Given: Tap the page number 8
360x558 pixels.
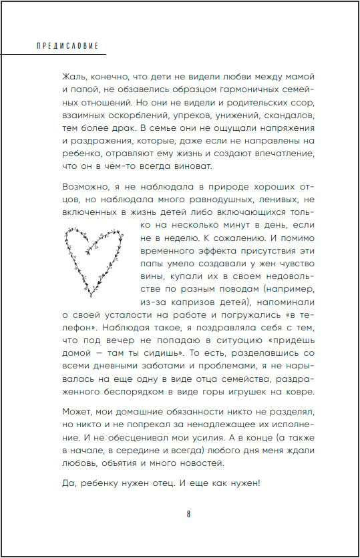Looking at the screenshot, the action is click(189, 514).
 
